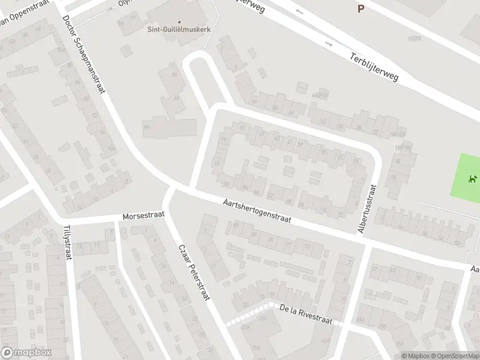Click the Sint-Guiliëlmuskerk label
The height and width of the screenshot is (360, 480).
tap(178, 28)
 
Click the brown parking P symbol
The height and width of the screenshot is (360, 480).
tap(361, 8)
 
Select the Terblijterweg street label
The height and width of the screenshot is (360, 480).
tap(374, 68)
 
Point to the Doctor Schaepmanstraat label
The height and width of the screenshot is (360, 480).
tap(84, 53)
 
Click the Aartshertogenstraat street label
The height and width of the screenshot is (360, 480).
tap(256, 211)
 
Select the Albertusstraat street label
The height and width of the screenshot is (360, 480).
tap(366, 208)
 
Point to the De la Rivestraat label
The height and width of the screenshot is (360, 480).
tap(306, 313)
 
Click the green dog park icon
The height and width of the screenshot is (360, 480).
tap(473, 179)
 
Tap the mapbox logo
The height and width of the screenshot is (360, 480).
tap(26, 353)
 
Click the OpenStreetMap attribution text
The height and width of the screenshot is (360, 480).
tap(454, 356)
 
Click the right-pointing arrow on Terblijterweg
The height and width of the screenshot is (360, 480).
tap(328, 44)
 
